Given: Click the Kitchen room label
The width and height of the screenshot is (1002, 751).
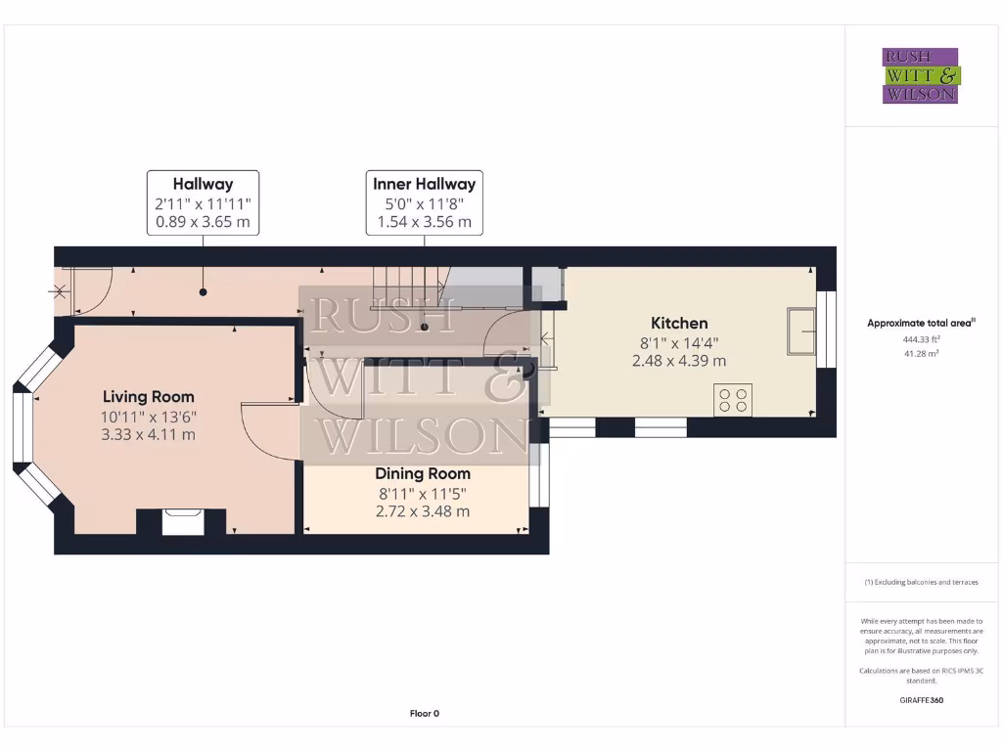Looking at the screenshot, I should pyautogui.click(x=679, y=324).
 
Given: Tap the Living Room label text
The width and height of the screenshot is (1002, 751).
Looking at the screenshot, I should pyautogui.click(x=149, y=397).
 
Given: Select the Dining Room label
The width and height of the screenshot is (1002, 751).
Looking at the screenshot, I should pyautogui.click(x=423, y=474).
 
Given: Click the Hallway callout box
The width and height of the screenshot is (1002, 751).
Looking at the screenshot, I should pyautogui.click(x=203, y=202).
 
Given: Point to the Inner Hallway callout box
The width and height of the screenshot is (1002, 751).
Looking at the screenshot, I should pyautogui.click(x=424, y=202).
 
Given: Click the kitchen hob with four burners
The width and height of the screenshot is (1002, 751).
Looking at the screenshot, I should pyautogui.click(x=733, y=399).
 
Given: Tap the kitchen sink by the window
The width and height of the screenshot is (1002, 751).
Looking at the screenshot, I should pyautogui.click(x=800, y=331).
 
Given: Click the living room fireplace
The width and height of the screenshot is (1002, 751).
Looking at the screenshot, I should pyautogui.click(x=182, y=521).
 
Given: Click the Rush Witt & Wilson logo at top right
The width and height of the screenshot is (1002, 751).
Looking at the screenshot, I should pyautogui.click(x=921, y=76).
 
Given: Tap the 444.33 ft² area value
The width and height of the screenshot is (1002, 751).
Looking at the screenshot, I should pyautogui.click(x=920, y=339).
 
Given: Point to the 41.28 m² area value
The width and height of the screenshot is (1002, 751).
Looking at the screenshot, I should pyautogui.click(x=920, y=353).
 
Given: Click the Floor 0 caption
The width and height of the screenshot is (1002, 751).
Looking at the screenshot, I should pyautogui.click(x=424, y=714).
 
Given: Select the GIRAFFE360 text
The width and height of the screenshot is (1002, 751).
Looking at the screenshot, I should pyautogui.click(x=920, y=700).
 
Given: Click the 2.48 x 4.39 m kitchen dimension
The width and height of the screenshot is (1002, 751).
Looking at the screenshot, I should pyautogui.click(x=679, y=361).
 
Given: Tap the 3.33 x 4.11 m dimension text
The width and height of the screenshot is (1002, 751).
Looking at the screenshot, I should pyautogui.click(x=149, y=434).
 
